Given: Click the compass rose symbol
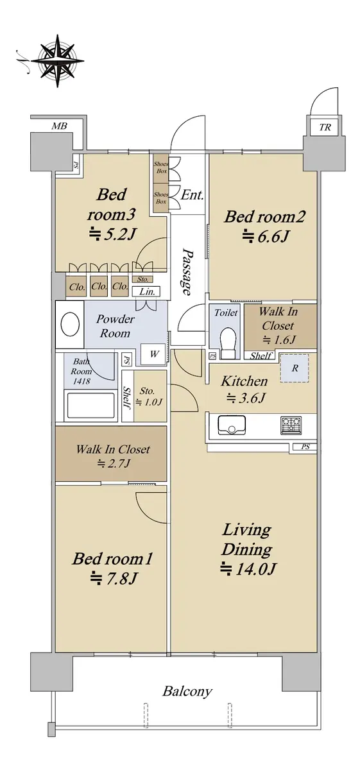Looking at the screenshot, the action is click(x=58, y=60).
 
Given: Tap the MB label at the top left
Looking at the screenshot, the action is click(x=59, y=126).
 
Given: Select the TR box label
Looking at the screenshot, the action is click(x=325, y=127).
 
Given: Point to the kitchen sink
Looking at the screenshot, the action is click(x=232, y=425).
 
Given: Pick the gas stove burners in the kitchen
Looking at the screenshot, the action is click(x=291, y=425).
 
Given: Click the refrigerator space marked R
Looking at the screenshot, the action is click(x=295, y=368).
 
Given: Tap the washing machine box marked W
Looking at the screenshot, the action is click(x=154, y=354).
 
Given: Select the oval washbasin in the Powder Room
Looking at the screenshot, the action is click(x=70, y=324).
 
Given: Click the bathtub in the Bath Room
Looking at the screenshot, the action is click(x=90, y=406).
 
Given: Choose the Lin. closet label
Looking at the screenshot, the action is click(x=147, y=292).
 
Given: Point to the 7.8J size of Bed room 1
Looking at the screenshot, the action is click(x=114, y=578).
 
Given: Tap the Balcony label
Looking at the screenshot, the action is click(x=187, y=691).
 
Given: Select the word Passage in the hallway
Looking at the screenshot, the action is click(x=187, y=271).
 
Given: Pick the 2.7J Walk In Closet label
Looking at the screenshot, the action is click(x=113, y=464).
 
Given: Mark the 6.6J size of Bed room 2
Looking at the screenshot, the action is click(x=265, y=237).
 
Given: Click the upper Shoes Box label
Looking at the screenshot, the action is click(x=161, y=167).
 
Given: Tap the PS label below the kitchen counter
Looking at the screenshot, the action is click(x=305, y=447).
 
